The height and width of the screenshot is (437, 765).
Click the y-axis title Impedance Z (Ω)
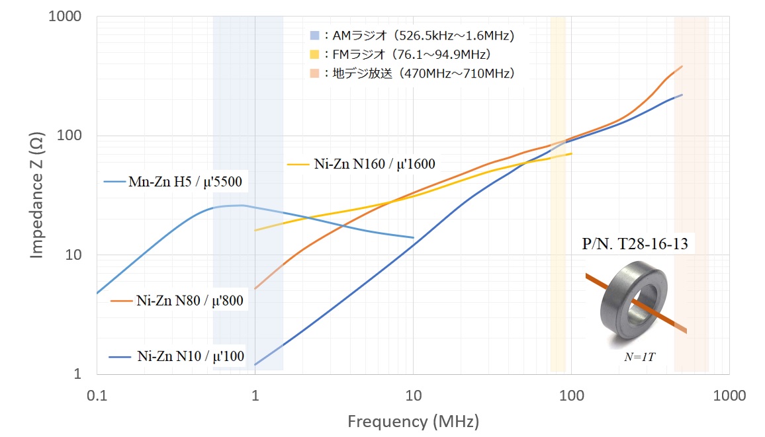click(x=37, y=195)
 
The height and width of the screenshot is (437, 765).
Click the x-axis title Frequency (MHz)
click(x=413, y=421)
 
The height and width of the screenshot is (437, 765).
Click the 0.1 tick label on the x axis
click(x=97, y=396)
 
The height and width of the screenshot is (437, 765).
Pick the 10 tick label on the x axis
click(x=413, y=396)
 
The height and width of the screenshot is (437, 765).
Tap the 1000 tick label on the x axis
click(x=729, y=396)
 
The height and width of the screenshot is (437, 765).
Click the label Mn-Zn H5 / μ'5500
click(x=185, y=181)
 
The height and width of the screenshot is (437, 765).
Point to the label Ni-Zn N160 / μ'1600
click(x=375, y=163)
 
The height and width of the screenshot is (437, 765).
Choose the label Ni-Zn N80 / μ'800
click(x=190, y=301)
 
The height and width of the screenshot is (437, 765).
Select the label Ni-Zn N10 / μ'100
click(x=191, y=357)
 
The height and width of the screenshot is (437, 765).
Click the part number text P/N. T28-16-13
click(x=635, y=244)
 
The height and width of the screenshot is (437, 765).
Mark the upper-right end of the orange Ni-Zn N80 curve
click(x=682, y=66)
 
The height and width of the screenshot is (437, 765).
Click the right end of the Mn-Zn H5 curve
click(x=413, y=237)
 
